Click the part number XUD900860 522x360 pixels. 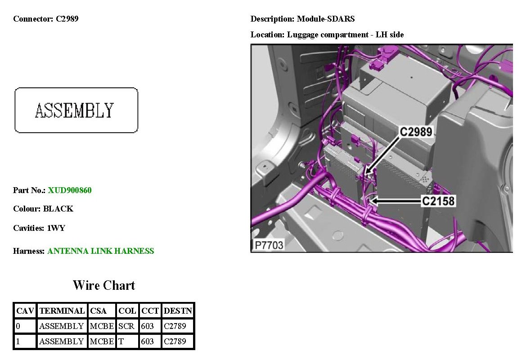(x=70, y=190)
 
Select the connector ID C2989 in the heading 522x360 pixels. (x=67, y=18)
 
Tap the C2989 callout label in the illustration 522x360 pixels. (x=416, y=132)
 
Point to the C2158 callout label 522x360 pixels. (x=438, y=201)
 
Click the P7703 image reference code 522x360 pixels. (x=269, y=245)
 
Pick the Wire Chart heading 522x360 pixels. (x=104, y=285)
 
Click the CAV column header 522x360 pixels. (x=25, y=311)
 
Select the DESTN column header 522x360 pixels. (x=178, y=311)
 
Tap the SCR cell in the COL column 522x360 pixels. (x=126, y=326)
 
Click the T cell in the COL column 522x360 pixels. (x=121, y=342)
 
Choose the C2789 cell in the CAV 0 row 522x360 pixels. (x=175, y=326)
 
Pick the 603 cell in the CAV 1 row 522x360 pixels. (x=147, y=342)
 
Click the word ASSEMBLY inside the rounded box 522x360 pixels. (x=75, y=111)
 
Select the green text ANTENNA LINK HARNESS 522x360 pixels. (x=100, y=251)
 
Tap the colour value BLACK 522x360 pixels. (x=58, y=209)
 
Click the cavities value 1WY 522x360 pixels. (x=56, y=228)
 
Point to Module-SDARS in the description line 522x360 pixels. (x=326, y=19)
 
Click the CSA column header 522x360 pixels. (x=98, y=311)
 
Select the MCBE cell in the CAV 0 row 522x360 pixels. (x=102, y=326)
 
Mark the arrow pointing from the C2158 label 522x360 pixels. (x=396, y=201)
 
